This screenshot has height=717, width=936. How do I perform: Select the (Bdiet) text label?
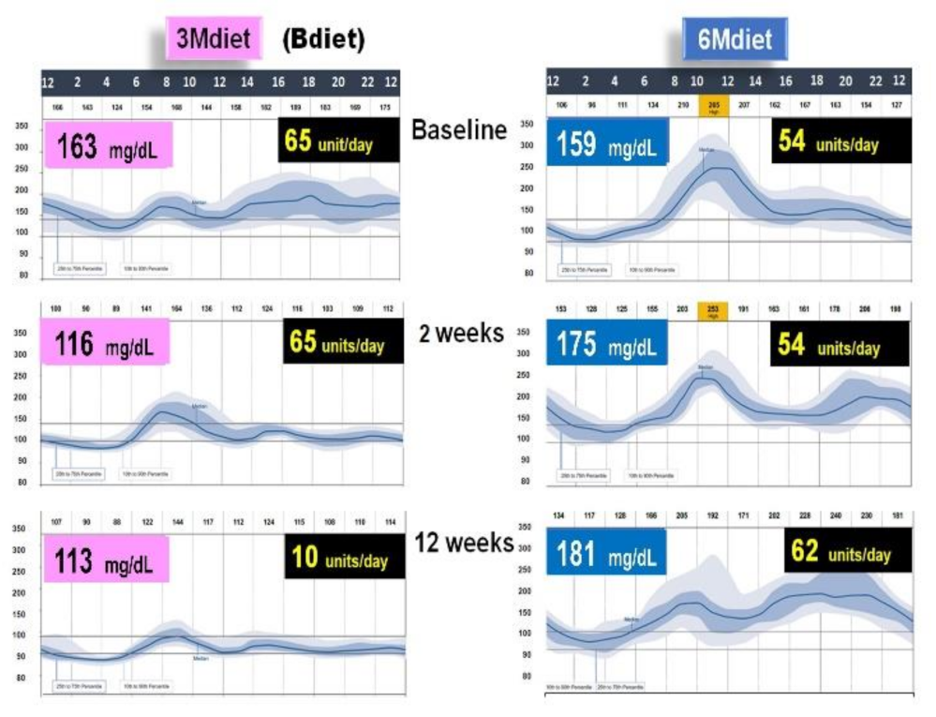[x=323, y=40]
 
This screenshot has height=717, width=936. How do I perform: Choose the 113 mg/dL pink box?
[x=106, y=560]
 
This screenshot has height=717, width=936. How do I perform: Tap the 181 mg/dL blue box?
[x=607, y=554]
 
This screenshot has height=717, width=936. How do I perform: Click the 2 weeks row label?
[x=461, y=333]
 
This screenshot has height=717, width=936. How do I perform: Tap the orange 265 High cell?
[x=712, y=105]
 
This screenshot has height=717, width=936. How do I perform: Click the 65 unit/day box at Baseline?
[x=338, y=144]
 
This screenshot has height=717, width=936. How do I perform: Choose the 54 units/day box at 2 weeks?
[x=839, y=345]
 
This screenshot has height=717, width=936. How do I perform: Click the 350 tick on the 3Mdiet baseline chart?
[x=21, y=125]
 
